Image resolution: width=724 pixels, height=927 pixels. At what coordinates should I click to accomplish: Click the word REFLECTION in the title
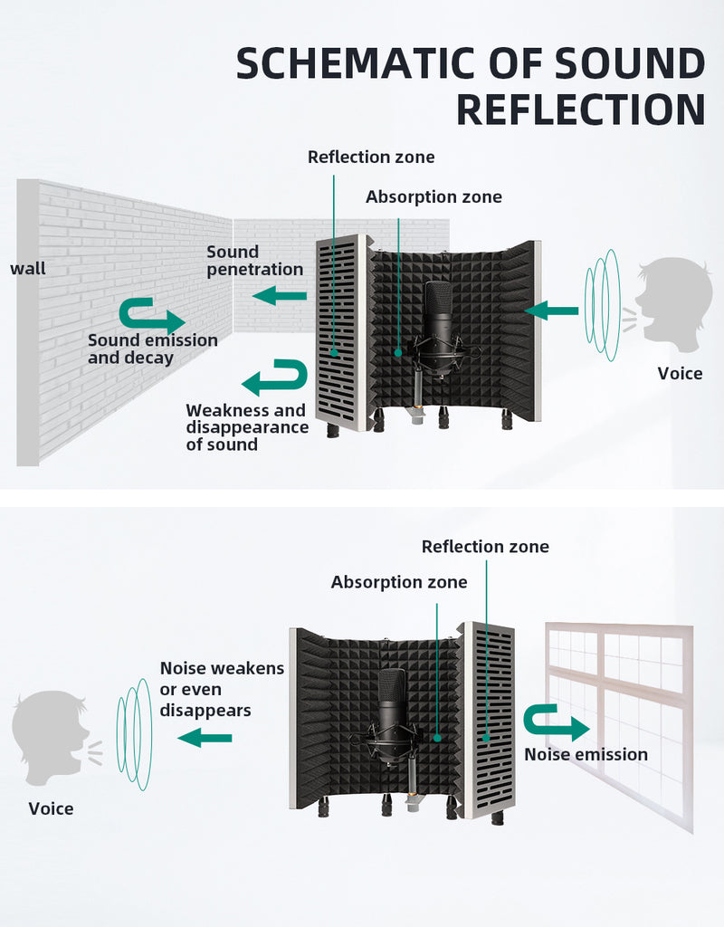point(581,110)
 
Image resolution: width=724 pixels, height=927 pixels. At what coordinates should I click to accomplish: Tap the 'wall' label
point(28,268)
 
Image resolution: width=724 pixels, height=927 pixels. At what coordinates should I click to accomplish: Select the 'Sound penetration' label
point(254,261)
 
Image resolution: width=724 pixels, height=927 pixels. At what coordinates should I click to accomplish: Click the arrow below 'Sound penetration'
point(280,295)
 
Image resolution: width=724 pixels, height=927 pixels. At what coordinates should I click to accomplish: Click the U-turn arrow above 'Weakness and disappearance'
point(275,377)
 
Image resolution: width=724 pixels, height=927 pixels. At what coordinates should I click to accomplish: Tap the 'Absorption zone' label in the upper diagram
point(433,196)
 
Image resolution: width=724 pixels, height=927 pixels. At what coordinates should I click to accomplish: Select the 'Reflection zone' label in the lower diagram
point(485,546)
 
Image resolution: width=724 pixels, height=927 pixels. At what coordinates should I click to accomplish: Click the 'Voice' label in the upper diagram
point(680,374)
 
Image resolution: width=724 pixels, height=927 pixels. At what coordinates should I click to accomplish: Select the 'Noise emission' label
point(586,754)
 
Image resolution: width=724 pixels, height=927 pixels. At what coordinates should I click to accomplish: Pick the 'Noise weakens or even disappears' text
point(222,689)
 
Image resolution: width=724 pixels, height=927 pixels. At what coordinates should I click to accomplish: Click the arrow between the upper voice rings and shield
point(551,311)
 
